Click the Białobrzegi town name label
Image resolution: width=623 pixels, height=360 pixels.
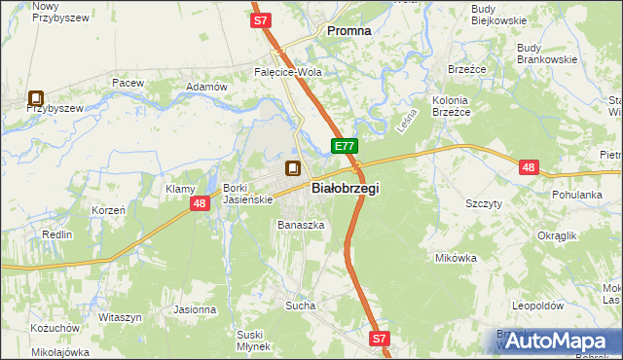(345, 189)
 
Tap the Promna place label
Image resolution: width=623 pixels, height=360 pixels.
(348, 31)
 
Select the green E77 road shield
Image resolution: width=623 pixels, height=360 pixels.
(345, 146)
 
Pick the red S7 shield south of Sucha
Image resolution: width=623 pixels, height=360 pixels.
(380, 339)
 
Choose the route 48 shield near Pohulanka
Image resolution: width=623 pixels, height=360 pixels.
(529, 167)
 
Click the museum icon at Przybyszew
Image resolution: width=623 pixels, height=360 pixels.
(36, 97)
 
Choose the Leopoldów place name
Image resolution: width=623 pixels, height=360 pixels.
(538, 305)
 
